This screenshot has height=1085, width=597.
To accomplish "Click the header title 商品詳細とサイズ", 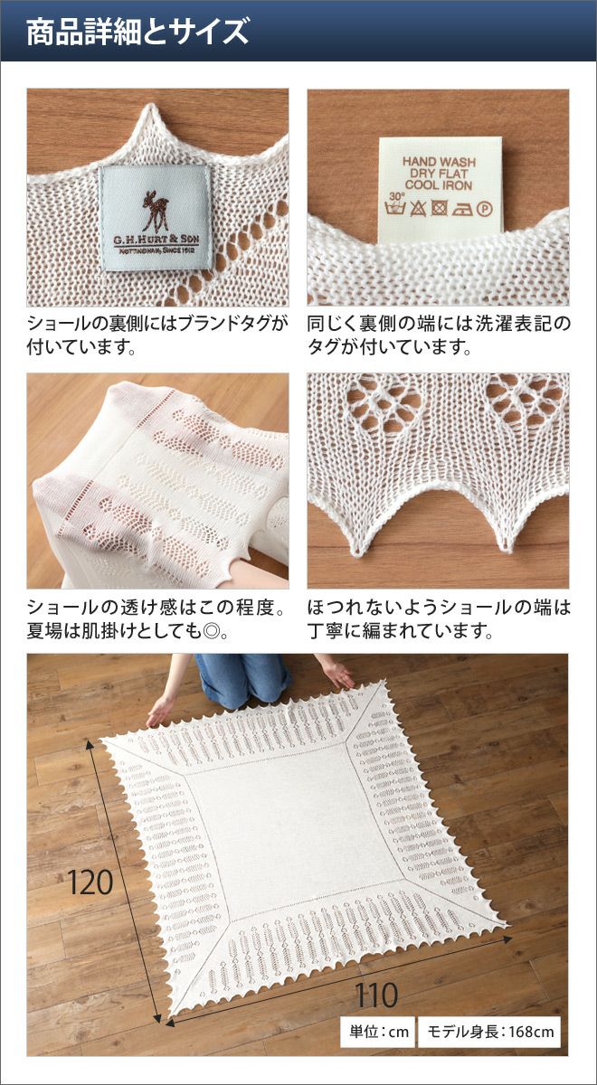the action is tap(137, 32).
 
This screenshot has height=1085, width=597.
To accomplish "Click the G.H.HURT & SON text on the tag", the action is tap(156, 240).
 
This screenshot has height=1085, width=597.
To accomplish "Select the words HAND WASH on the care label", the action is tap(439, 162).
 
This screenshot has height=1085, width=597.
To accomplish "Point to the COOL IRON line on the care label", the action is tap(439, 184).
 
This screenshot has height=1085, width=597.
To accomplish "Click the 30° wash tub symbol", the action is tap(395, 205).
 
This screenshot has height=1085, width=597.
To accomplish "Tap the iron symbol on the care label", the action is tap(462, 209).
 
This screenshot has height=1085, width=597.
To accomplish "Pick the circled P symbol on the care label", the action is tap(483, 209).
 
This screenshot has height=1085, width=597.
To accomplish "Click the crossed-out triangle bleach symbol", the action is tap(418, 209).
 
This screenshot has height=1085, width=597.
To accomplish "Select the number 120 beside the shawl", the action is tap(90, 883).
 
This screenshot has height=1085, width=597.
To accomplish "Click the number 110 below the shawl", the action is tap(376, 995).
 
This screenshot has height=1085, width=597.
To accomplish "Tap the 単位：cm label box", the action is tap(377, 1032).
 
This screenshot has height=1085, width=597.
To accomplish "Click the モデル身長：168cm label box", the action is tap(489, 1032).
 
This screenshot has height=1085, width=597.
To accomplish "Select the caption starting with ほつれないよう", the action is tap(439, 619).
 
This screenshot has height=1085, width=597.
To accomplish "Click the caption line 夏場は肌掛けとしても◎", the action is tap(128, 631).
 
